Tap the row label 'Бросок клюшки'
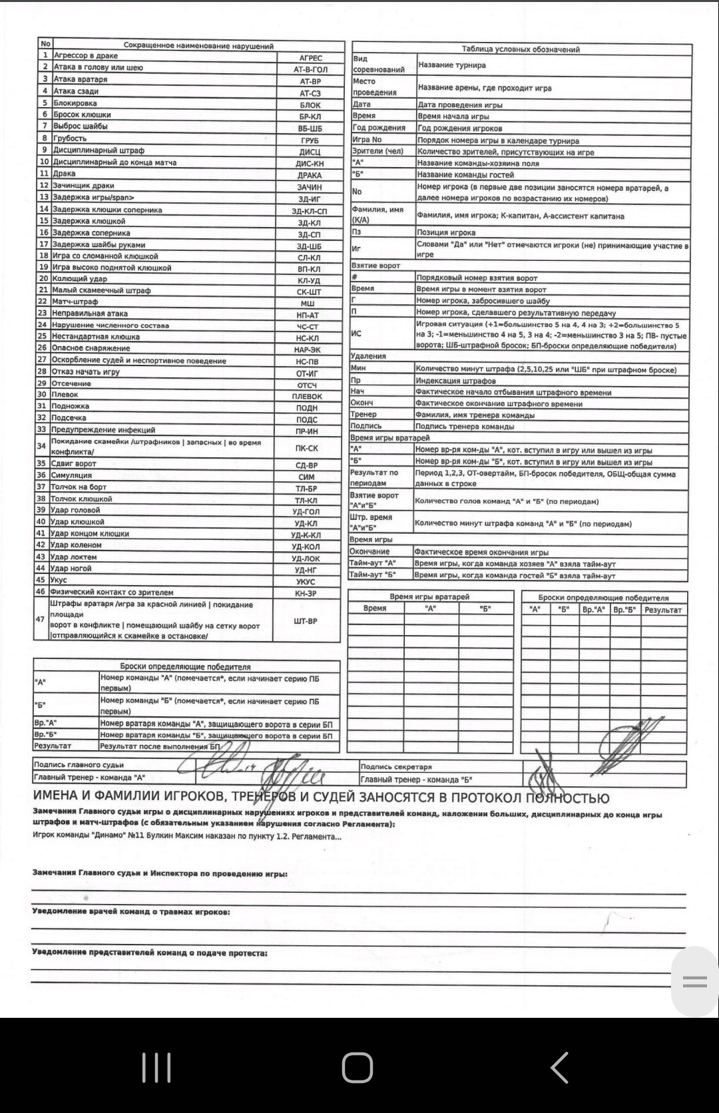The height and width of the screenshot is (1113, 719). [82, 114]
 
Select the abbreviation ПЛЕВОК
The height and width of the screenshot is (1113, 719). [307, 396]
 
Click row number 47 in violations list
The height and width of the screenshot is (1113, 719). [40, 619]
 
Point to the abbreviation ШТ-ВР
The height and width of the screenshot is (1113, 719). [306, 621]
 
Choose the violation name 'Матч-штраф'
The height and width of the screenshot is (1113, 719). [75, 302]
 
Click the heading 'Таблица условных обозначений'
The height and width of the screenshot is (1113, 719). [521, 49]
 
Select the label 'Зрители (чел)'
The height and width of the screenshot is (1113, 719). [378, 151]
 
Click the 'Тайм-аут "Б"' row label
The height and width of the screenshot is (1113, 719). [373, 574]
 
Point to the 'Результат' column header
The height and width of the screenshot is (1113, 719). [663, 610]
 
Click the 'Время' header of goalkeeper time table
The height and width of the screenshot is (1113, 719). [375, 608]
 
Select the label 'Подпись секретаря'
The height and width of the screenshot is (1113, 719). [396, 767]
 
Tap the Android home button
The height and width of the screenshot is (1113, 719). [358, 1068]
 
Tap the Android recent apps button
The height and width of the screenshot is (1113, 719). [156, 1068]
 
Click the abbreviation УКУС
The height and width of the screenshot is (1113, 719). [306, 581]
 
